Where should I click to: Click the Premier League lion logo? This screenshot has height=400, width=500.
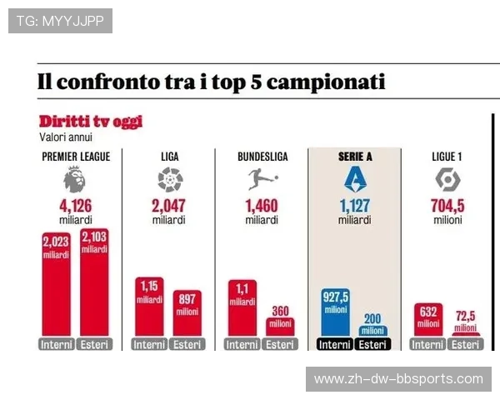75,179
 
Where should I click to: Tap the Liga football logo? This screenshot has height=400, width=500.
169,179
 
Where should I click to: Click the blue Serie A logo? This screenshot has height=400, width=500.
354,179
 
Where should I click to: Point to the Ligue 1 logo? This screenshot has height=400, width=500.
447,179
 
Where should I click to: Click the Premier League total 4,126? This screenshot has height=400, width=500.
75,207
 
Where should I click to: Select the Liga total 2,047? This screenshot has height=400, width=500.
169,207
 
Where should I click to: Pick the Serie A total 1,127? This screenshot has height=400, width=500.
354,207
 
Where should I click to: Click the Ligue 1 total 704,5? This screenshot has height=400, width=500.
447,207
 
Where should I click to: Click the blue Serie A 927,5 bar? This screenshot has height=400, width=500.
336,312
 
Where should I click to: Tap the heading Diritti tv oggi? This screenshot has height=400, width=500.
90,122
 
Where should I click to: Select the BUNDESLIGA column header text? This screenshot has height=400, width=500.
262,156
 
